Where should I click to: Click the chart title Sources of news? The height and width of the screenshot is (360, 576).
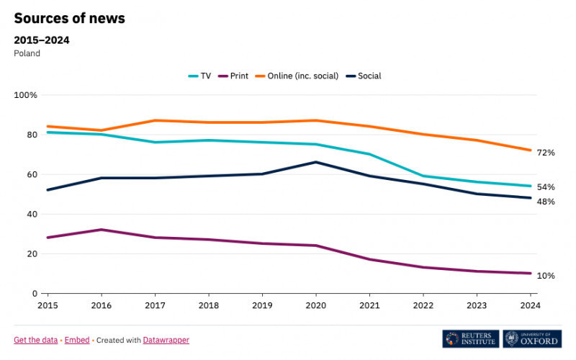pos(70,19)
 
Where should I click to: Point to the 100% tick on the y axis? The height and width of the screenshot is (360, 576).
pos(26,95)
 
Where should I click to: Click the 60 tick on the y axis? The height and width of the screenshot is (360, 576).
pos(31,174)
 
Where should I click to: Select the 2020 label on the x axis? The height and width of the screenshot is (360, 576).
pos(315,305)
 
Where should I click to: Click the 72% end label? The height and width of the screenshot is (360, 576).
pos(545,153)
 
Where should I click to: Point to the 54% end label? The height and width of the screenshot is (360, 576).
pos(545,187)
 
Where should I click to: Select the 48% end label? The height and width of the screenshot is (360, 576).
pos(545,202)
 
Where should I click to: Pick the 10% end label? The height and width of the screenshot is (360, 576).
pos(545,276)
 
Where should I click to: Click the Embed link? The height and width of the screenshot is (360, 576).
pos(77,340)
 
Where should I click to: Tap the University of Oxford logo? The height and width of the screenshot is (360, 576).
pos(532,339)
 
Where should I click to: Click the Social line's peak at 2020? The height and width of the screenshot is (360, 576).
pos(315,162)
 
